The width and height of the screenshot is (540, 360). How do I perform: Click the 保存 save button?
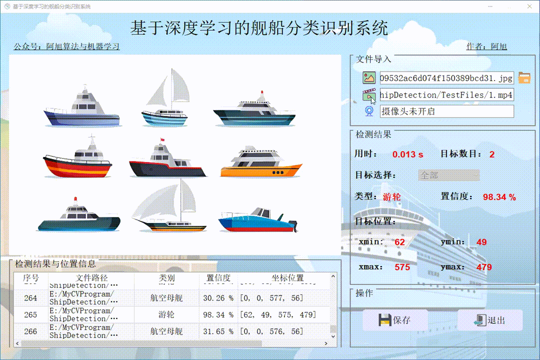coord(395,320)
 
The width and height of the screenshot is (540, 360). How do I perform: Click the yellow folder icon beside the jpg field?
coord(524,77)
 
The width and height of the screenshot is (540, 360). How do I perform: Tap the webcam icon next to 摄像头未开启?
coord(369,111)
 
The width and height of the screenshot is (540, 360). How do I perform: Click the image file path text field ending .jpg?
coord(446,78)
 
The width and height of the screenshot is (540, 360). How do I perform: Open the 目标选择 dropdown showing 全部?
coord(448,175)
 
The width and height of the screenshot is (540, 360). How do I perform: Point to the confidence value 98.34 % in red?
coord(499,197)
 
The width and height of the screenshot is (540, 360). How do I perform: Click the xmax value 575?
coord(402,267)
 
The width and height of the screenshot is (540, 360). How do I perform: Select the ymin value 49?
coord(481,242)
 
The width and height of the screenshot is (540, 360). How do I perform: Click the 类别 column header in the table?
coord(166,278)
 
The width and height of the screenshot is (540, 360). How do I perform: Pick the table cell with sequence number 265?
coord(30,314)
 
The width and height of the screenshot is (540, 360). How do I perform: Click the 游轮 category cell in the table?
coord(166,314)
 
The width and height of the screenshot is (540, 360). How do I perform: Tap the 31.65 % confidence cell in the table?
coord(218,331)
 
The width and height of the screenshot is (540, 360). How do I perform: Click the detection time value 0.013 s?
coord(407,154)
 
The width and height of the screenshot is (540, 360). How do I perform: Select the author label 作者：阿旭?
coord(486,46)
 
